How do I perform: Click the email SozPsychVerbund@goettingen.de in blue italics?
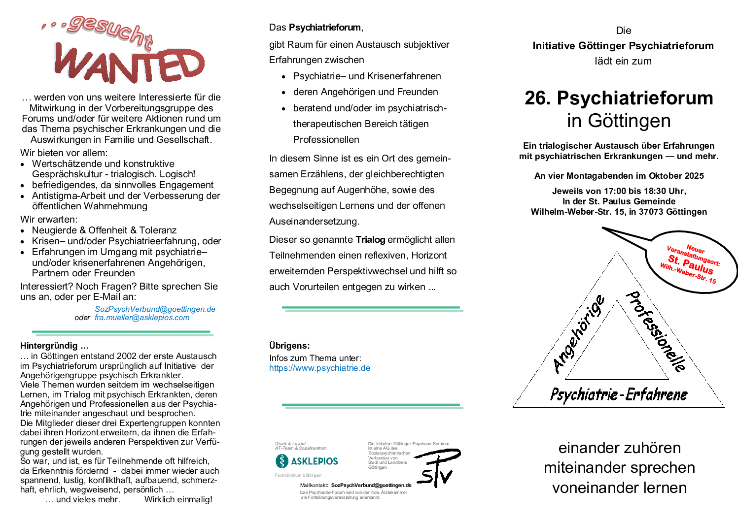coord(155,309)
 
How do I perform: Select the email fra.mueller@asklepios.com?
coord(142,318)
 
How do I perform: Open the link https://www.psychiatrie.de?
coord(319,368)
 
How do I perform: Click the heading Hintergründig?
coord(54,346)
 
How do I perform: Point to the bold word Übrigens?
coord(289,346)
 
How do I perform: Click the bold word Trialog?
coord(370,240)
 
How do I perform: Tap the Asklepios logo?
coord(307,461)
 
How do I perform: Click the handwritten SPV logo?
coord(437,468)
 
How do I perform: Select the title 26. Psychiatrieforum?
coord(619,98)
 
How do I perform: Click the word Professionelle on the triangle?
coord(655,331)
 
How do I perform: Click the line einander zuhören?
coord(619,448)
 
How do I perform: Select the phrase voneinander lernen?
coord(619,488)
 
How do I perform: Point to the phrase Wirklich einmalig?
coord(178,499)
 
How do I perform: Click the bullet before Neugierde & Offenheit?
coord(23,231)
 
